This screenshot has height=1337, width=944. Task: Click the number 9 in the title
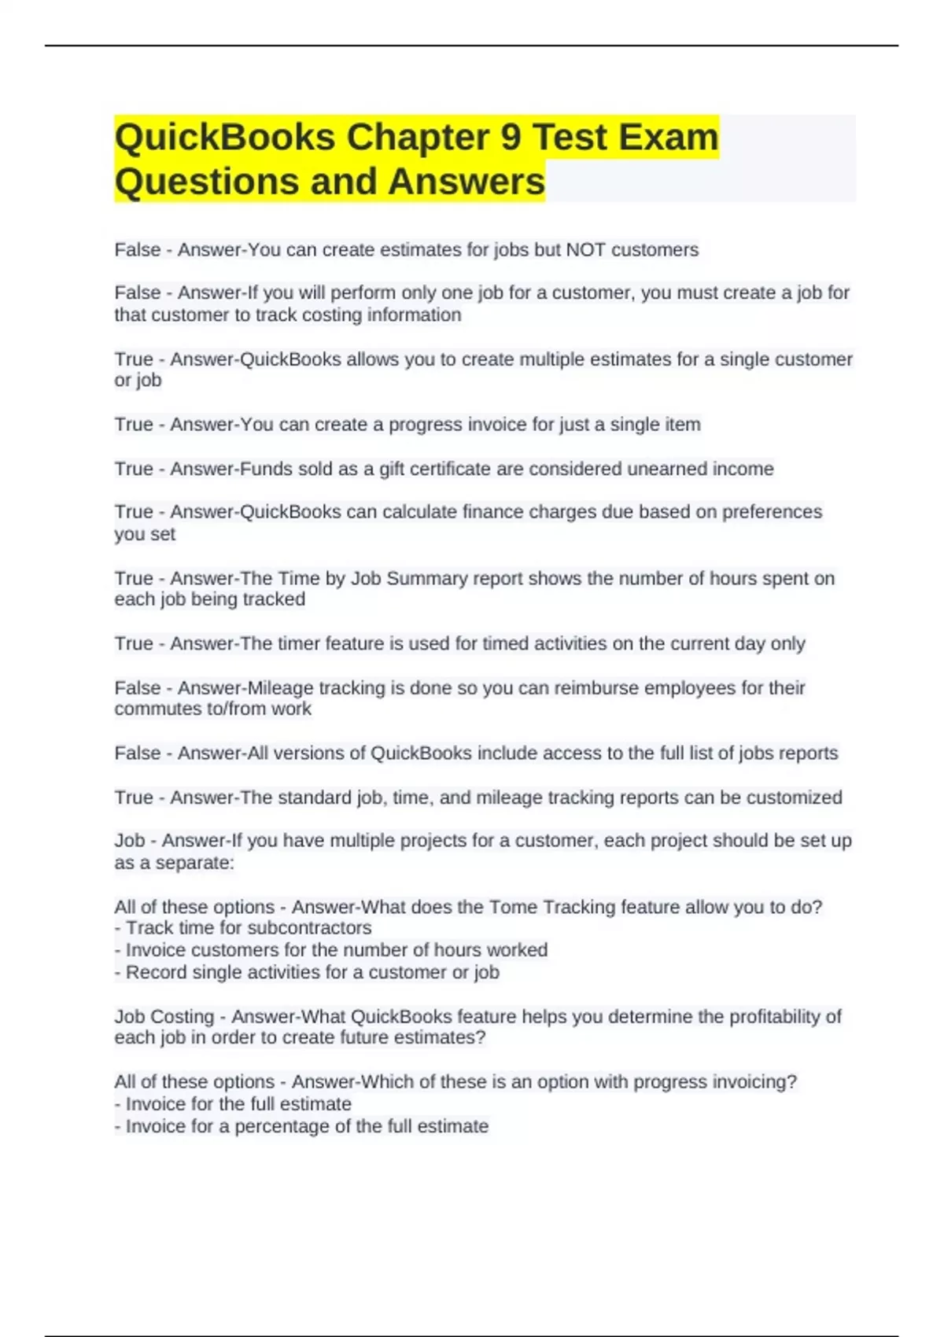[511, 138]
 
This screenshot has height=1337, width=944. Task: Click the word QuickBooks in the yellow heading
[225, 138]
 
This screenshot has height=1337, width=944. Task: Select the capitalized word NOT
[586, 250]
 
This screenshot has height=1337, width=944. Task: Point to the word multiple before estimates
[547, 359]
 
